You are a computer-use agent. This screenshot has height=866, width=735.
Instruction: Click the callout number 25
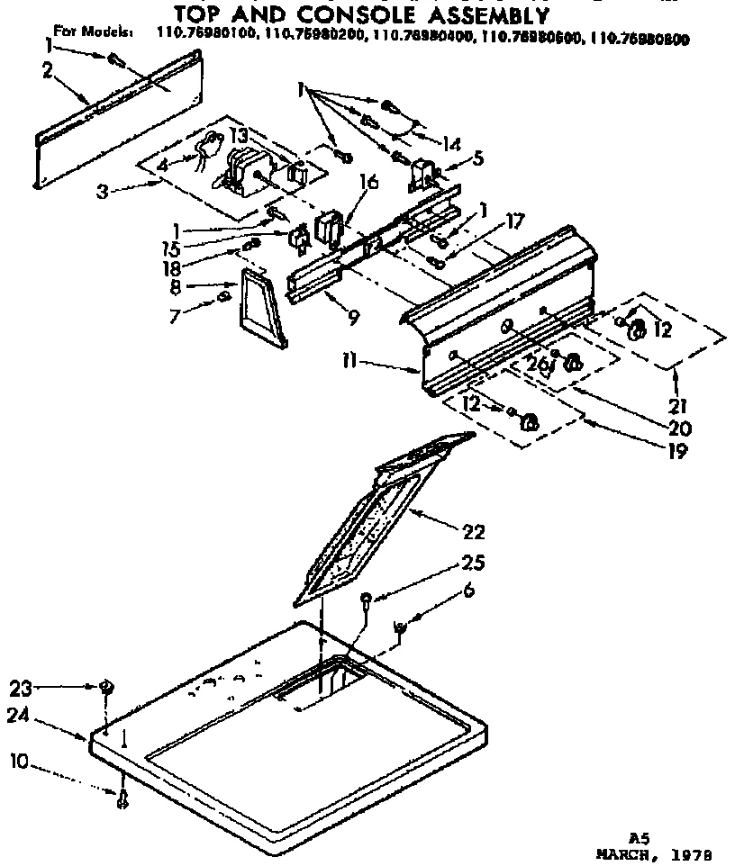tap(475, 564)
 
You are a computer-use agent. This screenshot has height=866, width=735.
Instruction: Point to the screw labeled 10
tap(121, 796)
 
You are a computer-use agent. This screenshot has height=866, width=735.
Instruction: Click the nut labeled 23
tap(106, 689)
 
